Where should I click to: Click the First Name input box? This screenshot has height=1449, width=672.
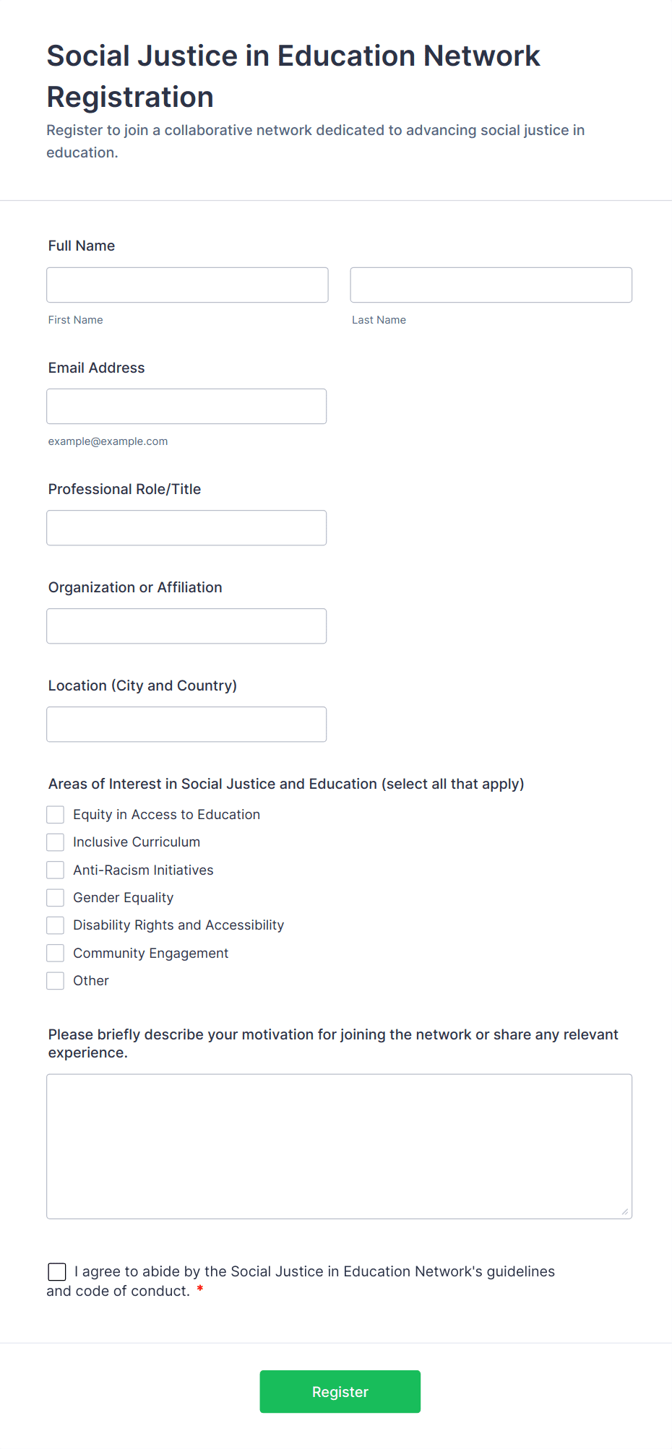click(x=187, y=285)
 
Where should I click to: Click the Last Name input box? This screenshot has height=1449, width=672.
click(x=491, y=285)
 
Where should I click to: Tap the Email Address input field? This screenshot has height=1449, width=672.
click(x=186, y=407)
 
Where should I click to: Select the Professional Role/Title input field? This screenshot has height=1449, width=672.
click(x=186, y=528)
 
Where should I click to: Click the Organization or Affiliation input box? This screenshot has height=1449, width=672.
click(x=186, y=626)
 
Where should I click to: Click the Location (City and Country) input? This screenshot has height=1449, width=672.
click(x=186, y=724)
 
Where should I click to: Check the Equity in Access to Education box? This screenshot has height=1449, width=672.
click(x=56, y=815)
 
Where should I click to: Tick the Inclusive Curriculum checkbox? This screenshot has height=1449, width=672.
click(x=56, y=842)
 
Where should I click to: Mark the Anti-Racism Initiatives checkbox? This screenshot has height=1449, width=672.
click(x=56, y=870)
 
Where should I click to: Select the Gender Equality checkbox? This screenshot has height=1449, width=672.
click(x=56, y=898)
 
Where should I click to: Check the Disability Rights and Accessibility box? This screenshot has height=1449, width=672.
click(x=56, y=925)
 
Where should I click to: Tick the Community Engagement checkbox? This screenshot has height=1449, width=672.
click(x=56, y=953)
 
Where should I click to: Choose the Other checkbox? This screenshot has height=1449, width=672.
click(x=56, y=981)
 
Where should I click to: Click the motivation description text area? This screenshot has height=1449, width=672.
click(x=339, y=1146)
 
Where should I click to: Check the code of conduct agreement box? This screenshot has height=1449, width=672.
click(x=57, y=1272)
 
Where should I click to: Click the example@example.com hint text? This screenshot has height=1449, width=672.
click(x=108, y=441)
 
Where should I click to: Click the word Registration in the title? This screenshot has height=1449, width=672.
click(x=130, y=98)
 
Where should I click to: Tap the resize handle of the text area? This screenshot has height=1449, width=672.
click(x=625, y=1211)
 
